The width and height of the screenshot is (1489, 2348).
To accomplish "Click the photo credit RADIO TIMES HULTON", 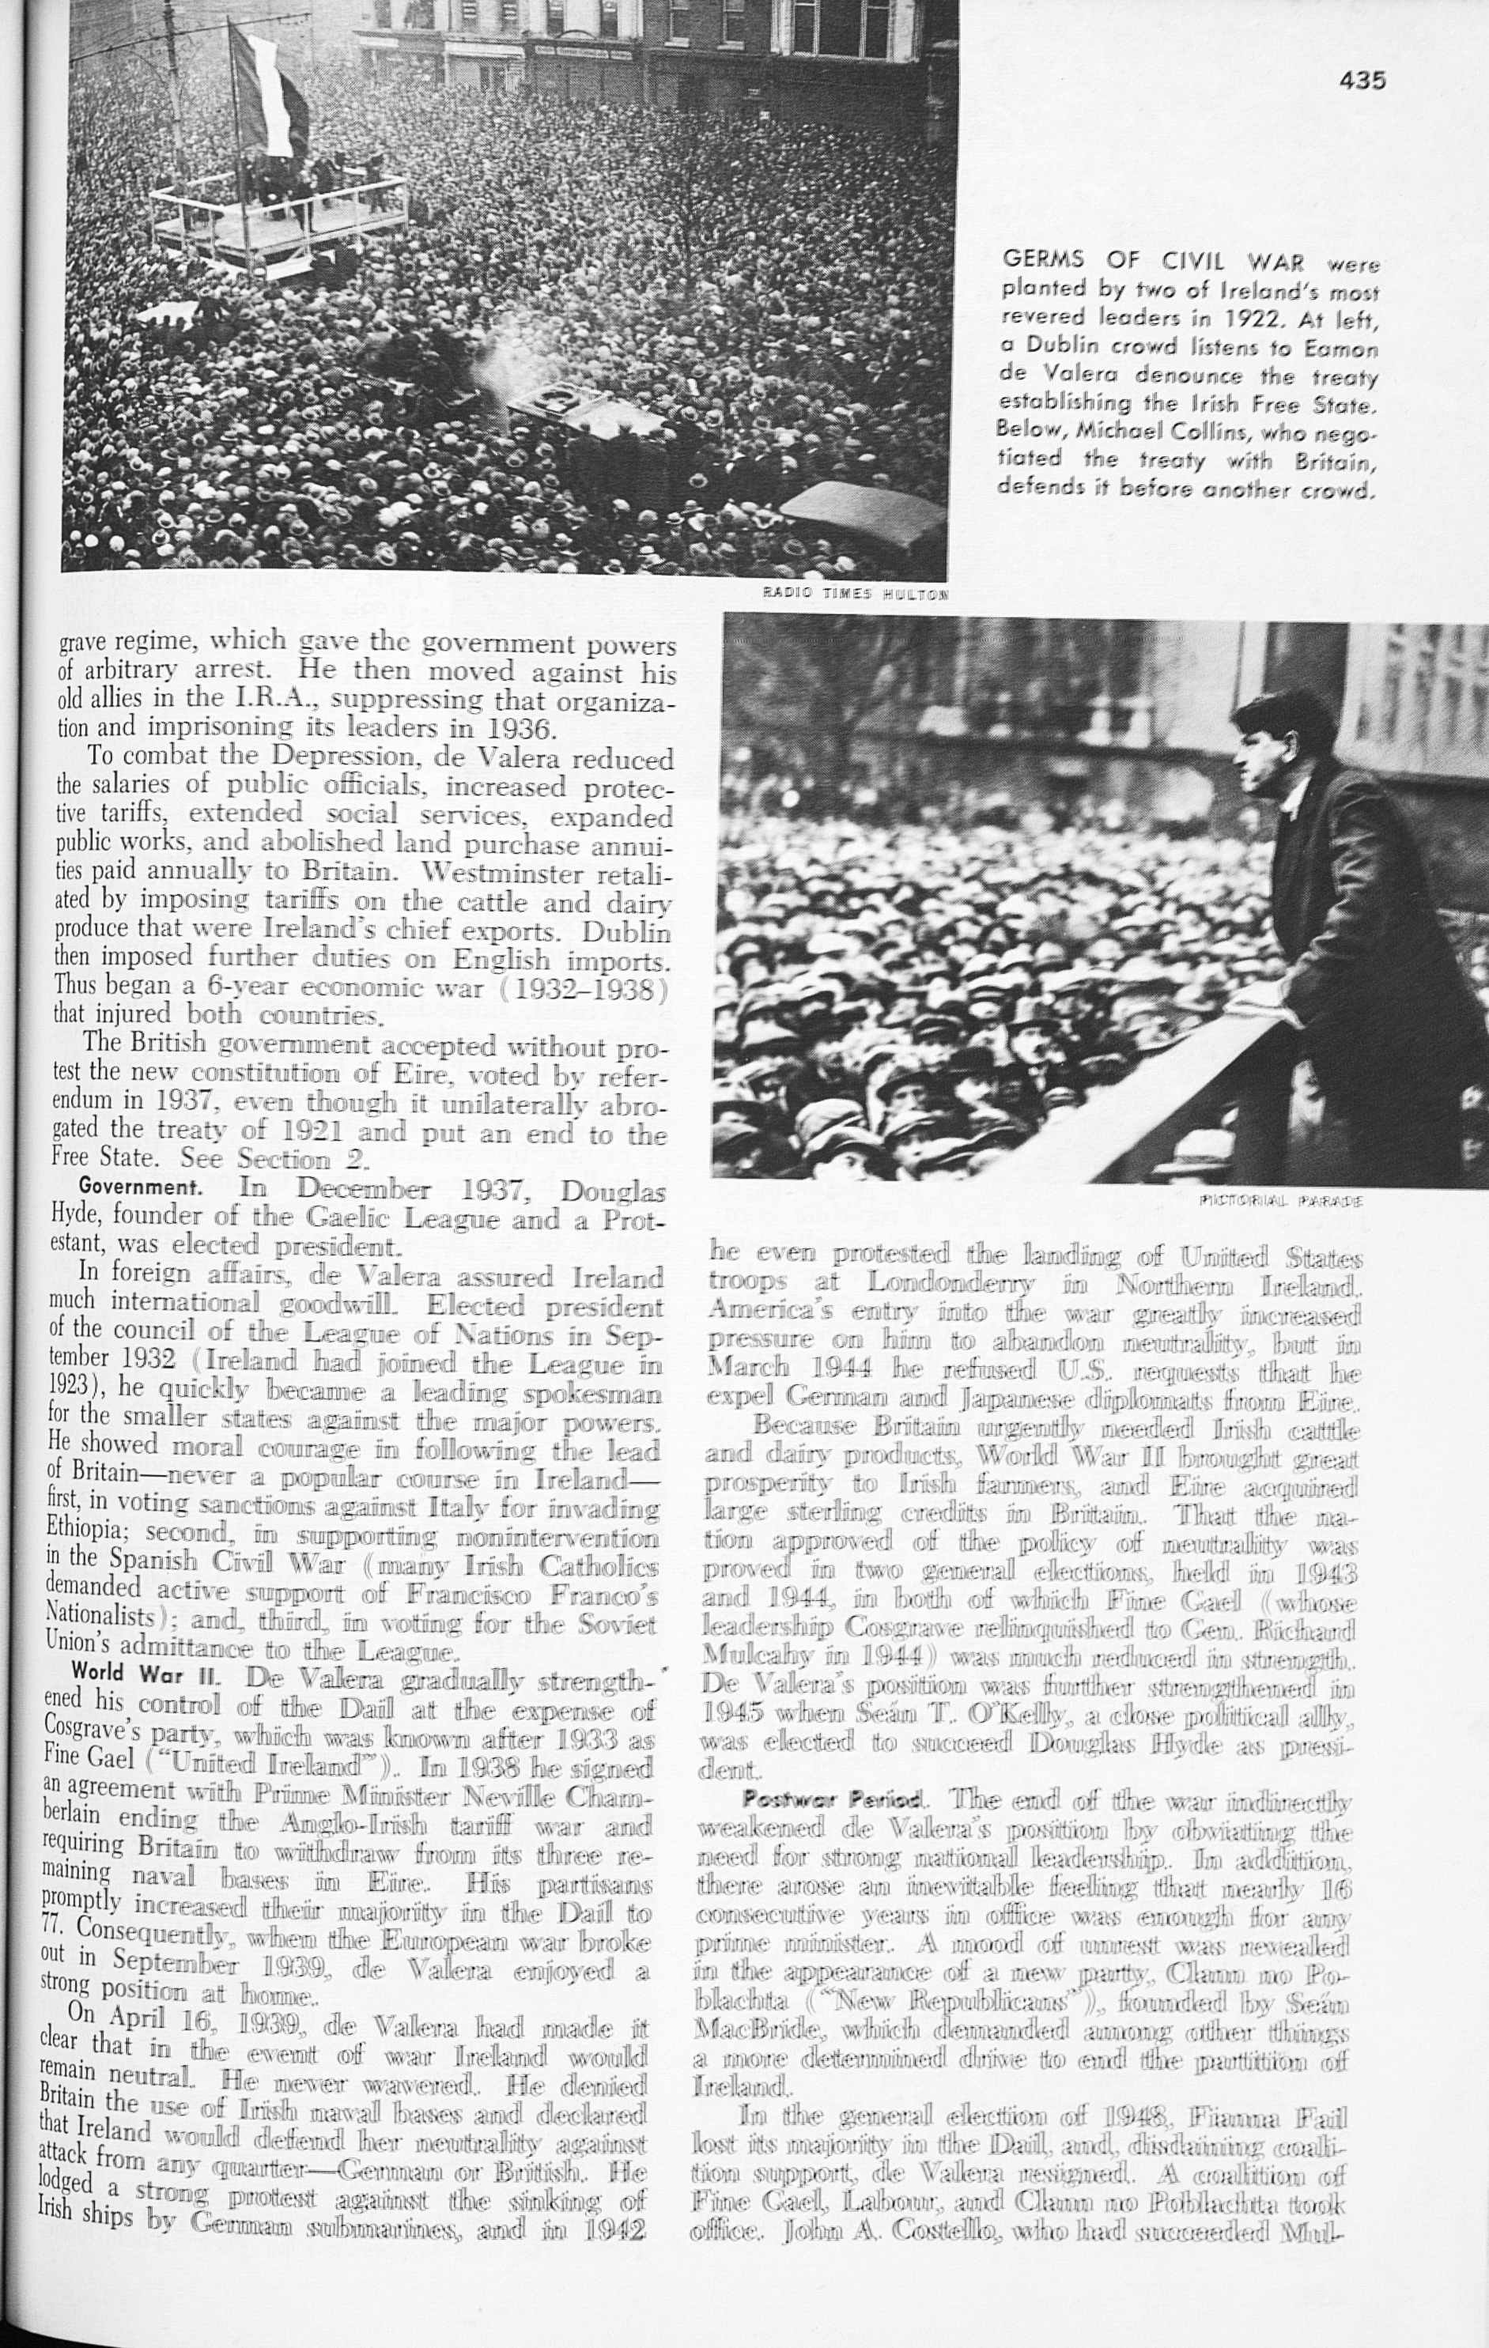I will pos(855,593).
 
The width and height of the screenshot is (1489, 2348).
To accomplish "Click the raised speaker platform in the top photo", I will pos(278,220).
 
